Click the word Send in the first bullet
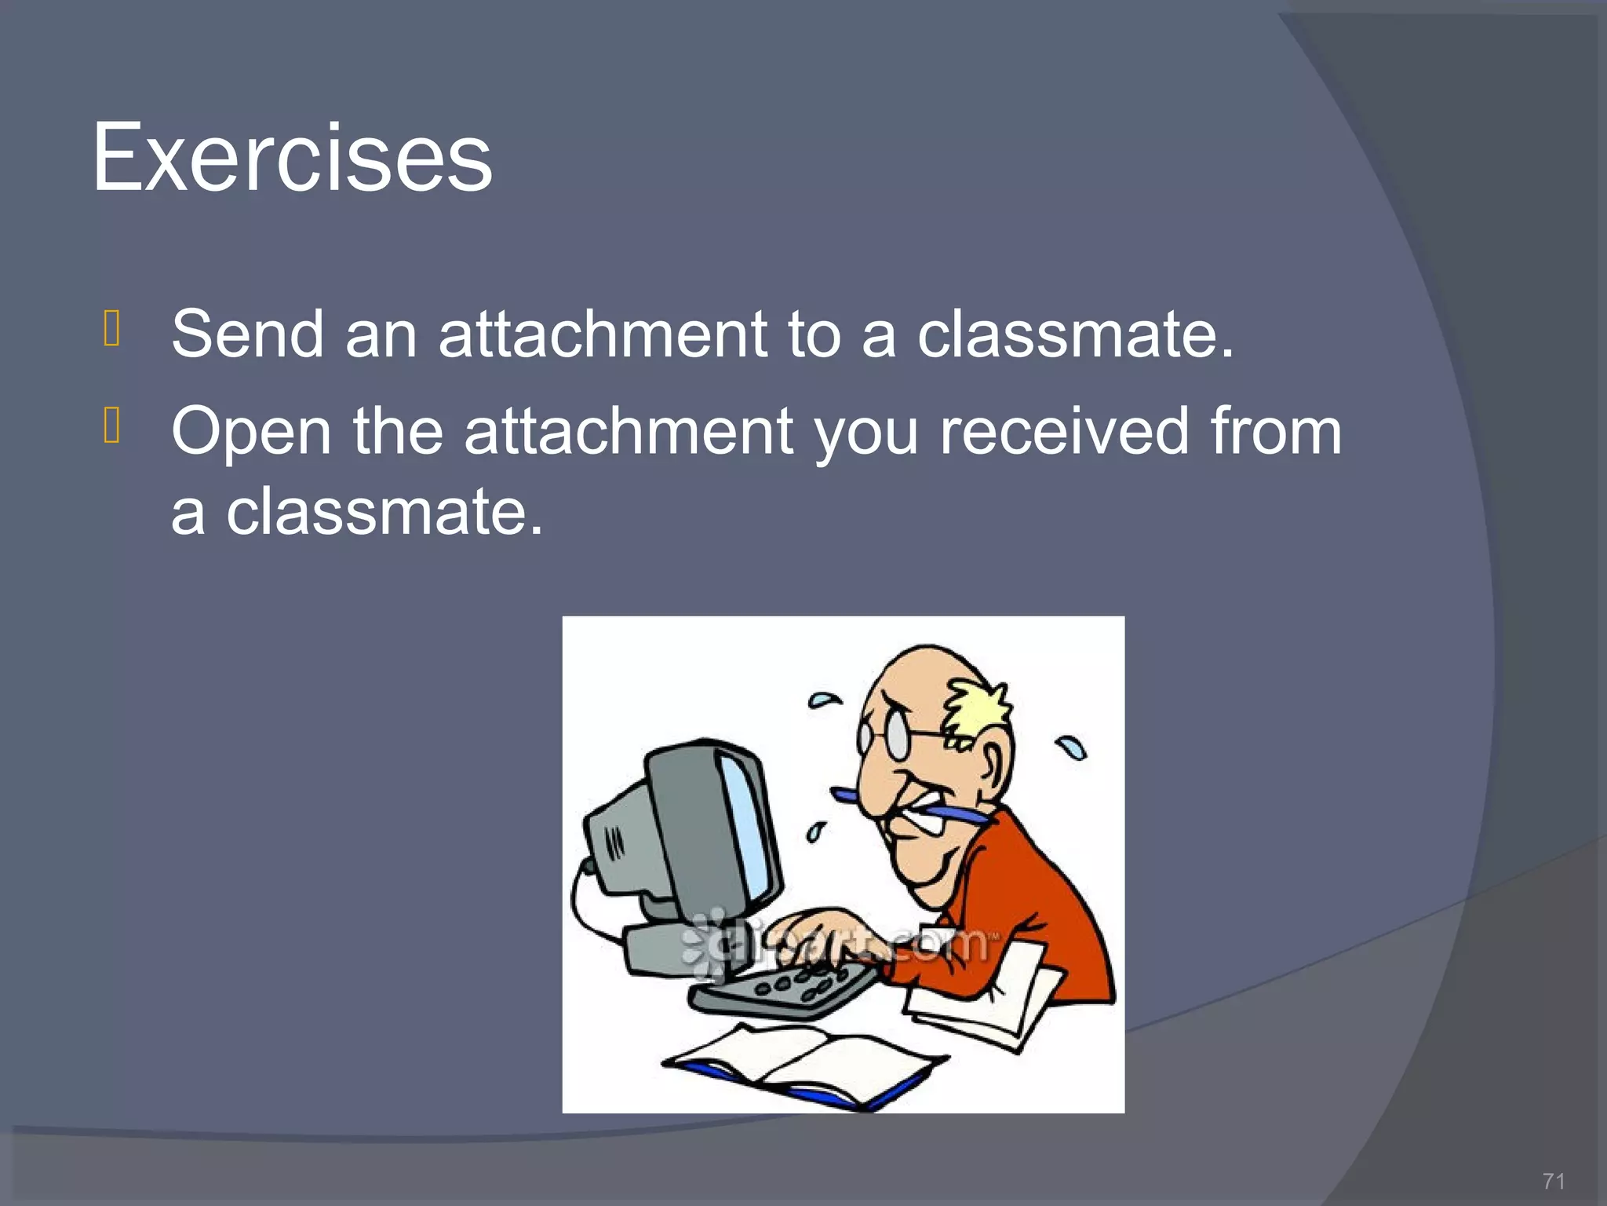[x=247, y=334]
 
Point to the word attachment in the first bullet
[x=602, y=334]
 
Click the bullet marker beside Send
[x=111, y=328]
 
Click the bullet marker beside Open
[x=111, y=426]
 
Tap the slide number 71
[x=1553, y=1181]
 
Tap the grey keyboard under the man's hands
[x=785, y=991]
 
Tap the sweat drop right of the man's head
[x=1072, y=747]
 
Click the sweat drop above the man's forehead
[x=824, y=698]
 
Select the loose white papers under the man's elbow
[x=989, y=997]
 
